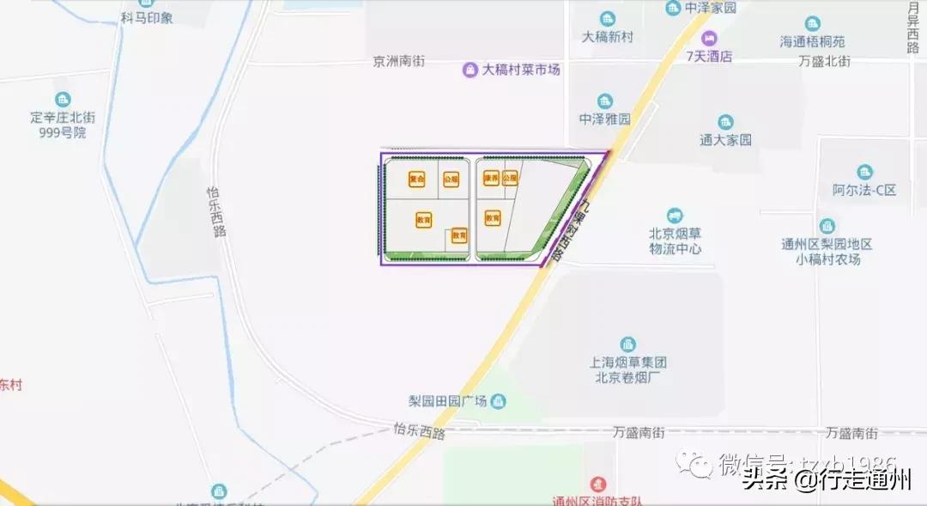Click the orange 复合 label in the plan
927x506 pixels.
click(x=417, y=180)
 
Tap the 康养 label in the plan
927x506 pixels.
click(x=491, y=179)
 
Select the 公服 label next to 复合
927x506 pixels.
click(x=451, y=180)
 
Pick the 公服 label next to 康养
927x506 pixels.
click(x=510, y=179)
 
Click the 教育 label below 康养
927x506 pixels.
click(x=493, y=218)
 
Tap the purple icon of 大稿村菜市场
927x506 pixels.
click(x=470, y=70)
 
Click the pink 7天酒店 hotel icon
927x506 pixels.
click(x=709, y=39)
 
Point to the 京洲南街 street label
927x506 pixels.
click(x=398, y=62)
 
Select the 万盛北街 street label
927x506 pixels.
click(x=824, y=62)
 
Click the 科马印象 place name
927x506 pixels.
click(x=147, y=17)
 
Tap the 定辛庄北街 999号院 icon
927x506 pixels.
click(x=63, y=100)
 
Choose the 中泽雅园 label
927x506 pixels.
click(x=605, y=119)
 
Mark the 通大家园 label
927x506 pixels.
click(x=725, y=139)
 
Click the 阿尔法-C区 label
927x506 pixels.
click(x=863, y=190)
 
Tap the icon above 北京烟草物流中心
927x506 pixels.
click(x=675, y=215)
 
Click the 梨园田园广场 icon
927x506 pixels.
click(x=499, y=401)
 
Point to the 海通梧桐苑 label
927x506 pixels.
click(x=812, y=41)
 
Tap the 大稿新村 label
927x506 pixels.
click(x=607, y=37)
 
